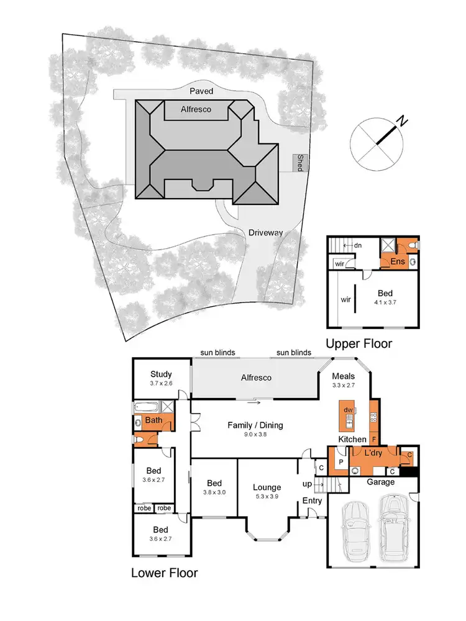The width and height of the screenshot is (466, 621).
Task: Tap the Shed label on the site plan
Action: [300, 163]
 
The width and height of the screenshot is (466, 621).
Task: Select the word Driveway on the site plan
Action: [266, 233]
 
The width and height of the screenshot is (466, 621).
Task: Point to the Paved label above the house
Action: [201, 91]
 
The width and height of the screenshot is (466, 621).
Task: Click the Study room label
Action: [161, 374]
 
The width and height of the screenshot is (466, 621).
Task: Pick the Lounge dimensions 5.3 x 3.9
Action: [267, 497]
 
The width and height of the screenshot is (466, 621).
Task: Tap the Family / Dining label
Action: [256, 425]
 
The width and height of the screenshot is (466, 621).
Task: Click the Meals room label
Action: [343, 376]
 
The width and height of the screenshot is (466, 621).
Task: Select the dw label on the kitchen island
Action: [349, 410]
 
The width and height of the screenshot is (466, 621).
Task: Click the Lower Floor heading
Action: [164, 572]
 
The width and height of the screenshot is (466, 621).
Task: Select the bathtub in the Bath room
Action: [147, 407]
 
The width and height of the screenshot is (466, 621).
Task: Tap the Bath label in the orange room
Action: [153, 420]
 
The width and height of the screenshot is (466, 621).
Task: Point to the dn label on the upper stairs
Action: [359, 245]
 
